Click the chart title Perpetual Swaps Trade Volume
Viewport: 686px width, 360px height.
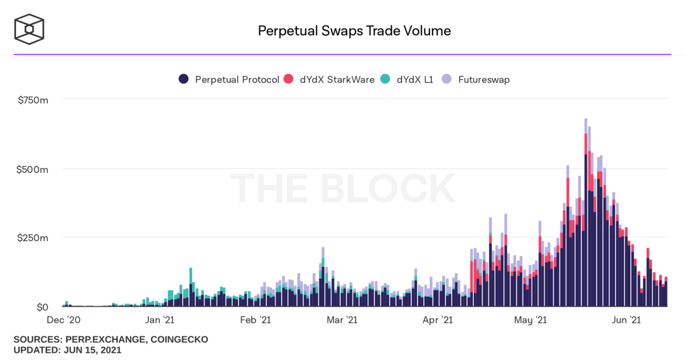[354, 31]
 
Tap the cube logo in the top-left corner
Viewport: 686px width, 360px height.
[29, 29]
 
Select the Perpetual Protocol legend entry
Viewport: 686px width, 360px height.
[229, 79]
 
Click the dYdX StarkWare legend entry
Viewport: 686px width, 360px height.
[330, 79]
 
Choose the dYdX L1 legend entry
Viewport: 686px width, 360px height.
[407, 79]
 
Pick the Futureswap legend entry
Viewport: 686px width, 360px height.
[476, 79]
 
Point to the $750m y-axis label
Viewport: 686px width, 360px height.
[33, 99]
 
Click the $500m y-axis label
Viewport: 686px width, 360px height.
[33, 169]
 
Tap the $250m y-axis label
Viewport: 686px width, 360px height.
[33, 237]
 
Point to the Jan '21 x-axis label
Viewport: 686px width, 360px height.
[160, 320]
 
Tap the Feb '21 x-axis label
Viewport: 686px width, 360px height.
[255, 320]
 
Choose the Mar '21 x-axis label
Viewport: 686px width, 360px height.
[341, 320]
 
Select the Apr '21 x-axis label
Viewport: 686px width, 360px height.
[437, 320]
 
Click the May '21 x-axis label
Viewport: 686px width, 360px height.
[530, 320]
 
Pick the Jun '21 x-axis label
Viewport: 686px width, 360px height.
[626, 320]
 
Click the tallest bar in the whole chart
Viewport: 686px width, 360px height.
[586, 214]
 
